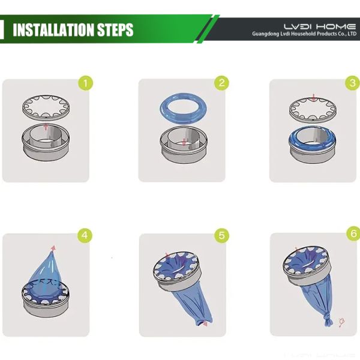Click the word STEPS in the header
(x=115, y=29)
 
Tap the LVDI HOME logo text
(x=320, y=26)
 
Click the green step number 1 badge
(x=86, y=83)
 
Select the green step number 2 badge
(x=221, y=83)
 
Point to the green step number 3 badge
(x=353, y=83)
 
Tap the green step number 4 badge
(x=85, y=235)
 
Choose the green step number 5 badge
(x=221, y=236)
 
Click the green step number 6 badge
(x=353, y=234)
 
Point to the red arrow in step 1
(x=46, y=127)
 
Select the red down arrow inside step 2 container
(x=184, y=142)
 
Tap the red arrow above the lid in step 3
(x=314, y=97)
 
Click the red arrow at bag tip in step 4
(x=53, y=248)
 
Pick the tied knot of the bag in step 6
(x=328, y=319)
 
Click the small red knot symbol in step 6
(x=341, y=322)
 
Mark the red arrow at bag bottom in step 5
(x=205, y=323)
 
